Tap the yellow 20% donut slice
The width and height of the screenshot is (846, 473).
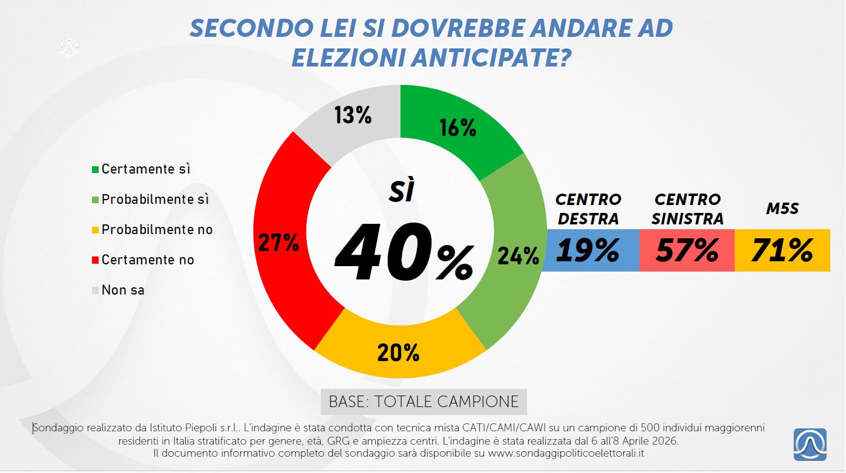click(399, 351)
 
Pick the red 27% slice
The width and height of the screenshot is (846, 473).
click(280, 242)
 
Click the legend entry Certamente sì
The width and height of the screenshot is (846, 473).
click(145, 169)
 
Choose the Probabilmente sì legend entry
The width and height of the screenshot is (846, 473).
click(154, 199)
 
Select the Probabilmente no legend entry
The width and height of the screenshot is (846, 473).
click(157, 229)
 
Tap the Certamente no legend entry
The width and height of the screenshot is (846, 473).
click(148, 259)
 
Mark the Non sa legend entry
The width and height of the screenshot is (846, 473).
click(123, 290)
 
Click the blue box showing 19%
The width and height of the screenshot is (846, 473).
click(590, 250)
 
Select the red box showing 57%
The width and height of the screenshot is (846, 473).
click(687, 250)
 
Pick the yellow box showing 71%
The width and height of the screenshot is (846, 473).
click(782, 250)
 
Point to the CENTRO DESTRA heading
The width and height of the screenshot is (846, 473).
click(588, 209)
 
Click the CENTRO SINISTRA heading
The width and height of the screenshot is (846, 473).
click(687, 209)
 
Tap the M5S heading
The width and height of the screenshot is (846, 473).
click(782, 209)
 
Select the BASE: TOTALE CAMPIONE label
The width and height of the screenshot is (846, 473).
click(424, 402)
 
